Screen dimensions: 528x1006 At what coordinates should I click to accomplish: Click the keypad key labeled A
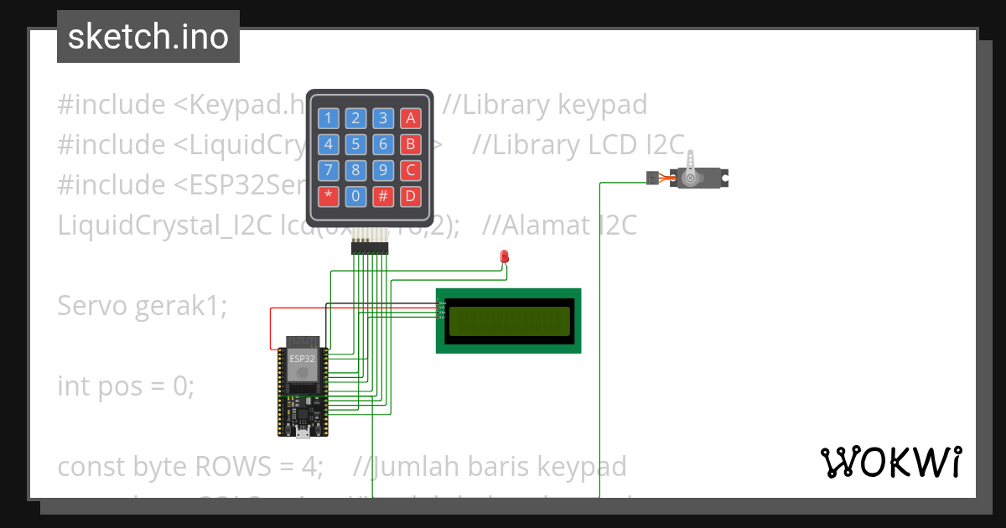pyautogui.click(x=410, y=118)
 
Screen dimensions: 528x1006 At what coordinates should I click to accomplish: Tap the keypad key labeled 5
pyautogui.click(x=355, y=144)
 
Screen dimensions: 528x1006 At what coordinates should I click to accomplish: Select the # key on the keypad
pyautogui.click(x=383, y=197)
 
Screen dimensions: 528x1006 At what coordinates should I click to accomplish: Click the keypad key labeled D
pyautogui.click(x=410, y=197)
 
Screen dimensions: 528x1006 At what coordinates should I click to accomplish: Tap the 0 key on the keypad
pyautogui.click(x=355, y=197)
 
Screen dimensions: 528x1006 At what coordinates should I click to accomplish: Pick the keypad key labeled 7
pyautogui.click(x=329, y=171)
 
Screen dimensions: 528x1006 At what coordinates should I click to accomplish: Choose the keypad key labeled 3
pyautogui.click(x=383, y=118)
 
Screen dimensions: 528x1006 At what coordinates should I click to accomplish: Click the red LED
pyautogui.click(x=505, y=256)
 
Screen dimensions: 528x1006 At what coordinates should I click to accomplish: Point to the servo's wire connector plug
pyautogui.click(x=651, y=178)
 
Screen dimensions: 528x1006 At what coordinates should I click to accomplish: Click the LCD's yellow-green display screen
pyautogui.click(x=508, y=321)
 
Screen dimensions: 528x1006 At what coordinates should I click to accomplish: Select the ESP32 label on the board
pyautogui.click(x=301, y=359)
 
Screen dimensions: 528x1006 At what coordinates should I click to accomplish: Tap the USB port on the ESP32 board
pyautogui.click(x=303, y=432)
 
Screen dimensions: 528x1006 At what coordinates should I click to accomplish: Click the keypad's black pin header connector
pyautogui.click(x=369, y=248)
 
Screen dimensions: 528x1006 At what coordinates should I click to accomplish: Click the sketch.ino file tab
pyautogui.click(x=148, y=37)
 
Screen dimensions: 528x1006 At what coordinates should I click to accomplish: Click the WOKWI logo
pyautogui.click(x=890, y=462)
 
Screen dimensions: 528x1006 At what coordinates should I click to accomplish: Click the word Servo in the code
pyautogui.click(x=92, y=307)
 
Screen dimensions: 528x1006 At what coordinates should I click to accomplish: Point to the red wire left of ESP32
pyautogui.click(x=270, y=329)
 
